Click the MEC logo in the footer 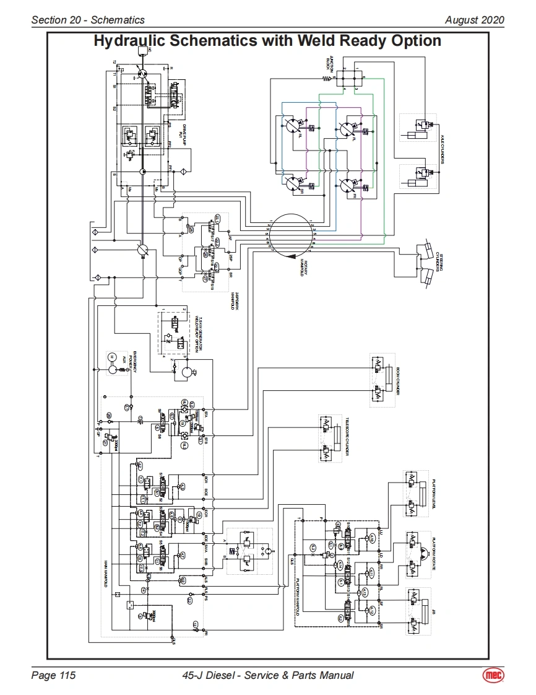[x=493, y=675]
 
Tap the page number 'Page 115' [x=53, y=675]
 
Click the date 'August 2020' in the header [x=474, y=20]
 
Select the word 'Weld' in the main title [x=315, y=42]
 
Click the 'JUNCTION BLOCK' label [x=331, y=63]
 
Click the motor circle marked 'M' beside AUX [x=112, y=357]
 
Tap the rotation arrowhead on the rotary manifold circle [x=290, y=255]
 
